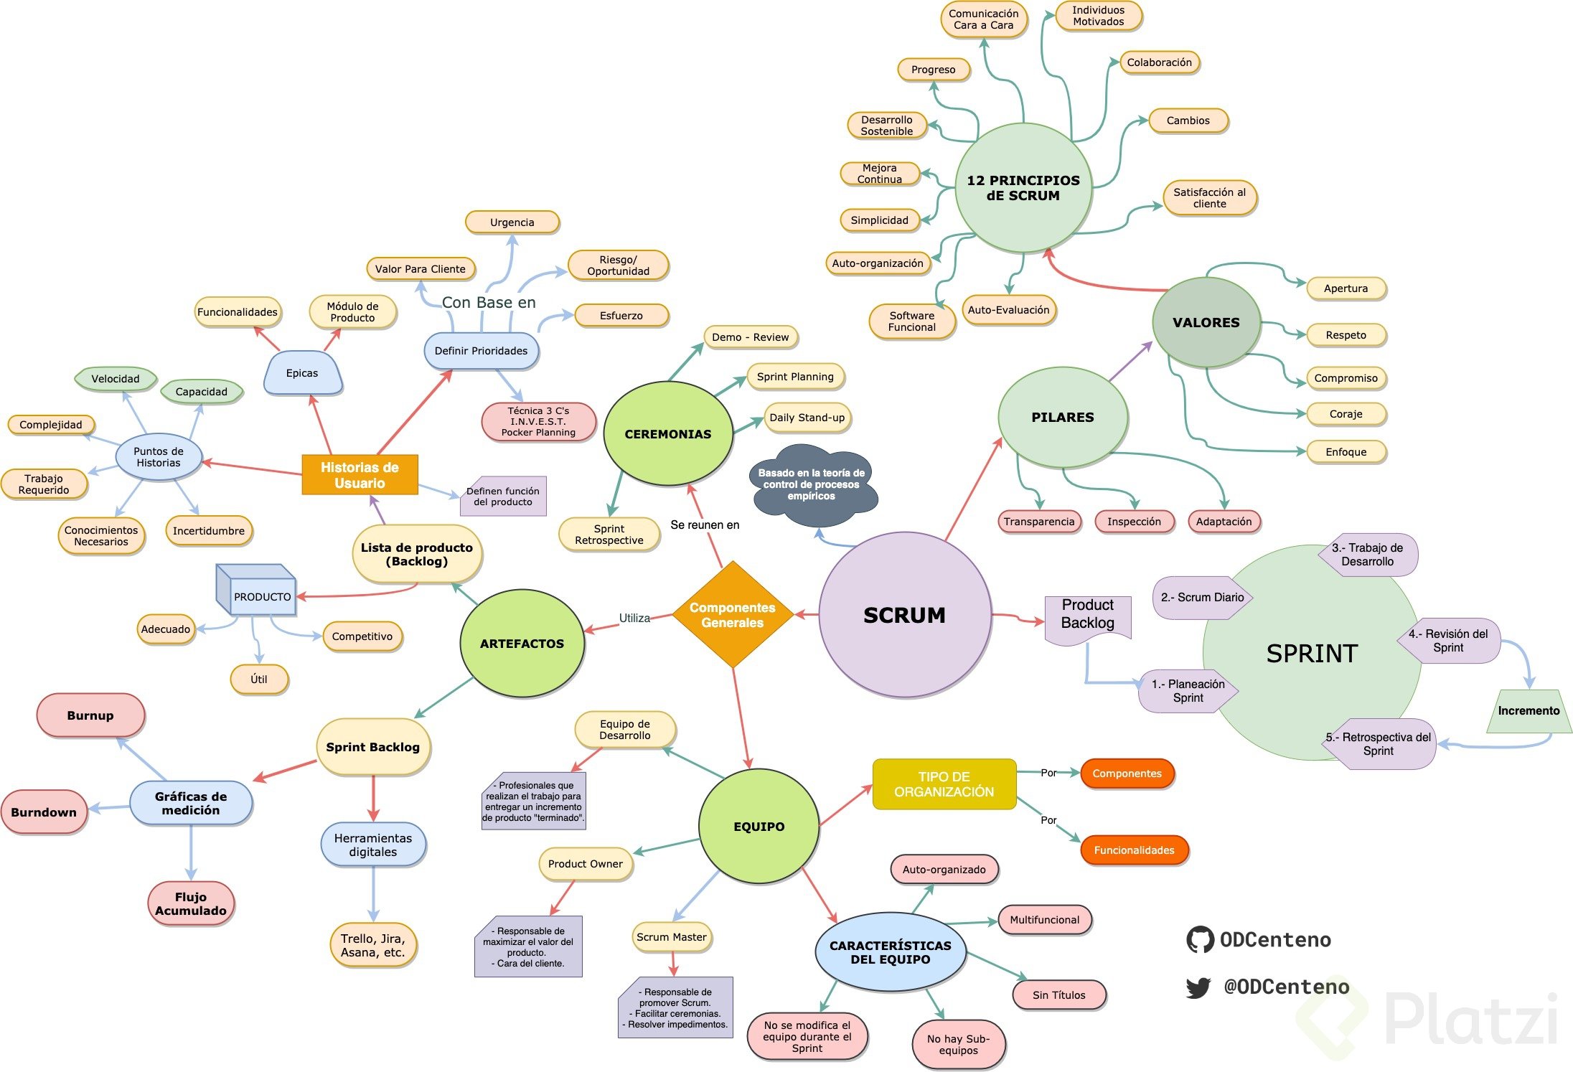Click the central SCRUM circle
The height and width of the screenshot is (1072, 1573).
(x=904, y=615)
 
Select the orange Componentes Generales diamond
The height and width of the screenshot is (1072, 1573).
(x=733, y=615)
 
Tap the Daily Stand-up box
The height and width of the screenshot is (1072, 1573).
(x=807, y=418)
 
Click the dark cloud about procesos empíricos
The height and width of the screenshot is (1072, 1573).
(x=812, y=485)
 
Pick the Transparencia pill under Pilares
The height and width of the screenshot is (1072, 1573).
(x=1039, y=522)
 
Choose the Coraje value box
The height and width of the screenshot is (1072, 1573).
(x=1346, y=414)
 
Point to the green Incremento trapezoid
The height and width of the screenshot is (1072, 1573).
(x=1529, y=711)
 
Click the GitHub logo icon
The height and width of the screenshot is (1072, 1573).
(x=1200, y=940)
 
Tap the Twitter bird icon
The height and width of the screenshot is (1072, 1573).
(x=1198, y=988)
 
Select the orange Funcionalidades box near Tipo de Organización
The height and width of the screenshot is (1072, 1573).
(x=1134, y=850)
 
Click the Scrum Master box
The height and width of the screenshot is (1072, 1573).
(x=672, y=937)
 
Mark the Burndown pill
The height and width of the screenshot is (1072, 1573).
(x=44, y=812)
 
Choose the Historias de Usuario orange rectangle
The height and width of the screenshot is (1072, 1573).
(x=360, y=475)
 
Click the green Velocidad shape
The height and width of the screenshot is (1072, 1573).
(x=116, y=379)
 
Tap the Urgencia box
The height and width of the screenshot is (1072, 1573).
(x=512, y=222)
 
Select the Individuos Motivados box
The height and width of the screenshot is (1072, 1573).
(x=1098, y=16)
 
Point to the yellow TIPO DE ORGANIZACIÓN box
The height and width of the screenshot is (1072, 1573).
(x=944, y=784)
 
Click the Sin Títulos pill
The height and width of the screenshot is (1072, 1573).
(x=1058, y=995)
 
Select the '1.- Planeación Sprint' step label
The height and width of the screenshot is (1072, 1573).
(x=1188, y=691)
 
